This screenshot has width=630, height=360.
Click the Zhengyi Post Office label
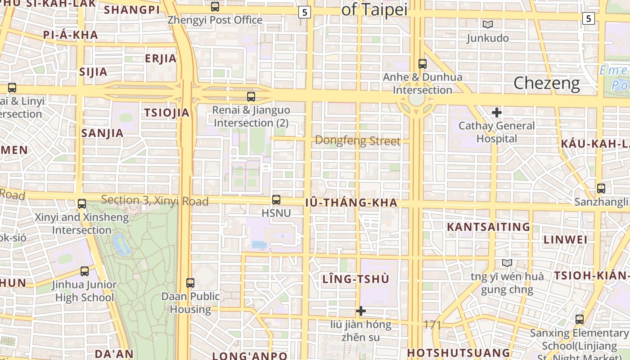click(215, 20)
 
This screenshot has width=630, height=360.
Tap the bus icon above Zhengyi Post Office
click(215, 7)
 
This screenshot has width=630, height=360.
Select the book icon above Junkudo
click(487, 24)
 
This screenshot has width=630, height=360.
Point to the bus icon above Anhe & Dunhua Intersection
click(422, 64)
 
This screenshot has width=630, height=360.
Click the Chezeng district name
click(546, 83)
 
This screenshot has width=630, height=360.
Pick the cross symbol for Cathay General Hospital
click(497, 112)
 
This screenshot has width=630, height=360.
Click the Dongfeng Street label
click(357, 141)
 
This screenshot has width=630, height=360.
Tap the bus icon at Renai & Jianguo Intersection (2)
click(251, 97)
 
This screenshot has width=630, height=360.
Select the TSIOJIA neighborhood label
click(166, 113)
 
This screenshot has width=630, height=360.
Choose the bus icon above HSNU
click(276, 200)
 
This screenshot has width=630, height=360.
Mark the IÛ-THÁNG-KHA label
click(351, 203)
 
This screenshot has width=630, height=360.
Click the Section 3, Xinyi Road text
click(155, 201)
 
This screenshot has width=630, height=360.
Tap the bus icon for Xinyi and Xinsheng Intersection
click(81, 204)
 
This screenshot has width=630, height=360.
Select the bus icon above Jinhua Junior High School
click(85, 271)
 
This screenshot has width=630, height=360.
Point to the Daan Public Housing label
click(190, 303)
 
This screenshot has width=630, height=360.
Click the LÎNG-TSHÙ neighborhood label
click(355, 279)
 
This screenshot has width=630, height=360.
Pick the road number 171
click(432, 324)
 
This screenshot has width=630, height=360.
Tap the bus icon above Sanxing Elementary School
click(580, 319)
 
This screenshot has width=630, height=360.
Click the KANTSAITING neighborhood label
click(488, 227)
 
